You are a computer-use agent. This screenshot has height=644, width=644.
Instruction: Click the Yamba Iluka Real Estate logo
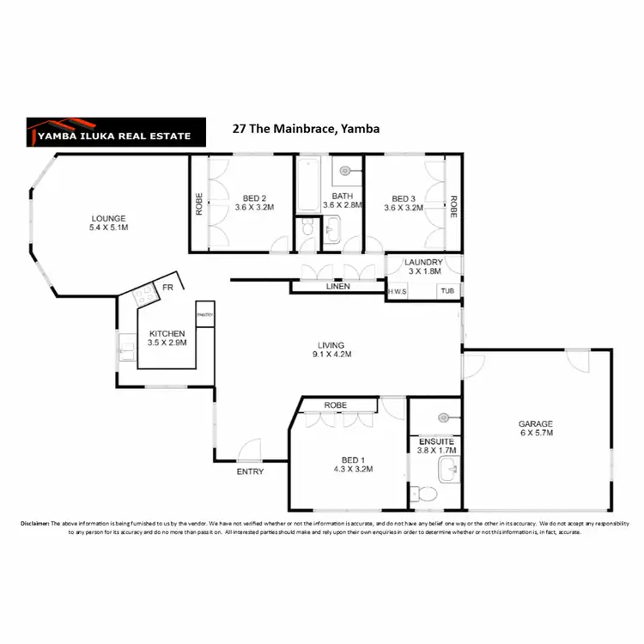click(116, 130)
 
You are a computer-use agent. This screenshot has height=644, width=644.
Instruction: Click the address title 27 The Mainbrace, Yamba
click(306, 129)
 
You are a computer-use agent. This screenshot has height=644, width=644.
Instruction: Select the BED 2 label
click(252, 202)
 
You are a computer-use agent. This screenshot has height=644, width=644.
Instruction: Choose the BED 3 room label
click(403, 202)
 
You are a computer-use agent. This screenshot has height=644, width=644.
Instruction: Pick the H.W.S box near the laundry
click(397, 291)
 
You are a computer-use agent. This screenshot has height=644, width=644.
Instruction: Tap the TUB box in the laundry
click(447, 291)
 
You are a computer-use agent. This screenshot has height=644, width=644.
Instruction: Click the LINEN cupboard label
click(337, 287)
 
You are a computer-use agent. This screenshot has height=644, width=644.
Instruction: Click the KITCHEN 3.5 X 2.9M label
click(167, 337)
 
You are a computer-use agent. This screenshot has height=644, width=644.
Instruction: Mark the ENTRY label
click(250, 471)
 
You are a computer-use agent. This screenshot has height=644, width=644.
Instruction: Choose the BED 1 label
click(349, 465)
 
